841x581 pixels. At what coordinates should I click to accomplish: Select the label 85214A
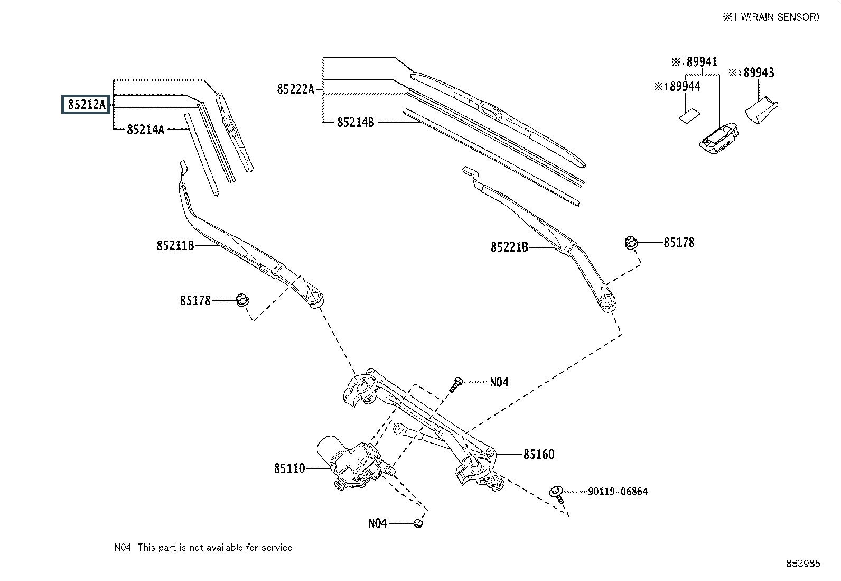[x=145, y=129]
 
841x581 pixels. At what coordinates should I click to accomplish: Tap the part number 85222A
[x=295, y=89]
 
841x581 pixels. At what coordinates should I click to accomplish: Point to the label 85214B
[x=356, y=123]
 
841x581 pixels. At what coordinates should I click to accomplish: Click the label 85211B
[x=175, y=245]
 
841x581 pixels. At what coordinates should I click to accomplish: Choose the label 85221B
[x=509, y=247]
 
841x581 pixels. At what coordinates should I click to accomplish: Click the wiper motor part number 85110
[x=289, y=468]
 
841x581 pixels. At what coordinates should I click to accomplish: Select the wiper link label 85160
[x=539, y=455]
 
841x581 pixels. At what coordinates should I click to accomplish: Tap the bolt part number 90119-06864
[x=618, y=492]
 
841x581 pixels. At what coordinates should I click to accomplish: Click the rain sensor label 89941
[x=702, y=62]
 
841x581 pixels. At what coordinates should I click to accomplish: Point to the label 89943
[x=759, y=72]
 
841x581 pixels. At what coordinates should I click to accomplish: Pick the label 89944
[x=685, y=86]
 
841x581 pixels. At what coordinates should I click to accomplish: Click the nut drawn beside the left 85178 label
[x=242, y=300]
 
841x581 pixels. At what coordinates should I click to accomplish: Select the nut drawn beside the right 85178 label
[x=631, y=243]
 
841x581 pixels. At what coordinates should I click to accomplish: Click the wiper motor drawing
[x=349, y=462]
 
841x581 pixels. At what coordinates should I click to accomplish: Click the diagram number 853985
[x=803, y=564]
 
